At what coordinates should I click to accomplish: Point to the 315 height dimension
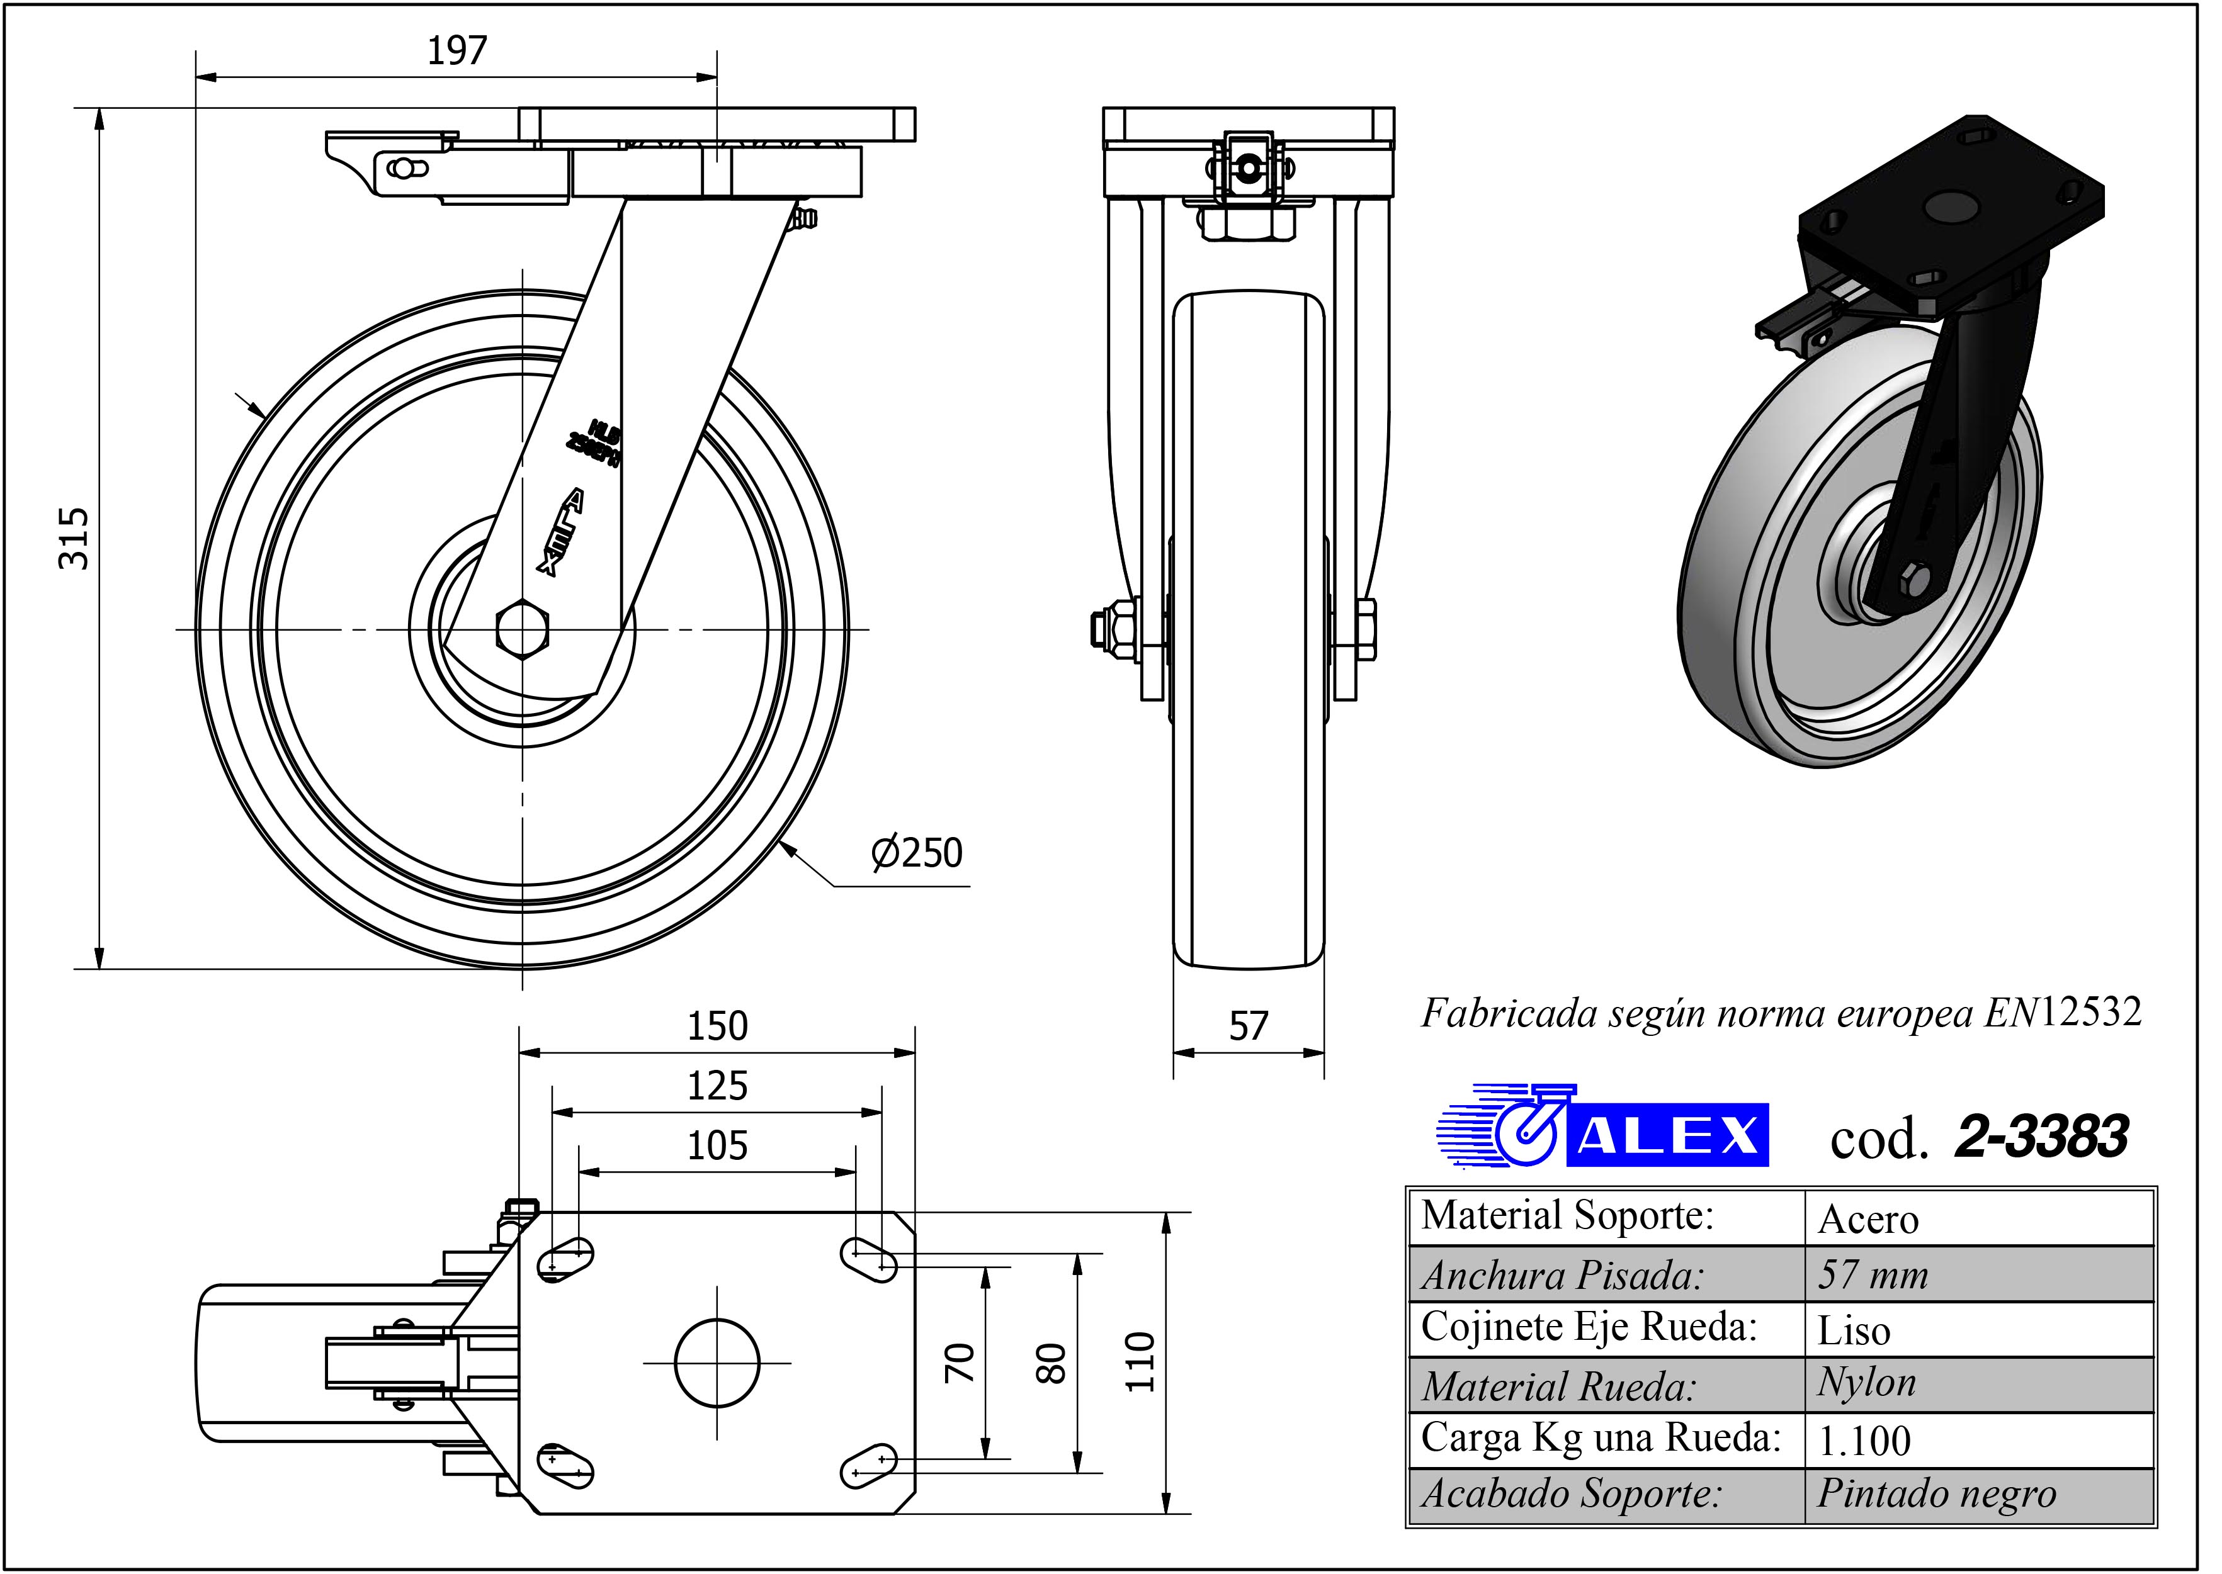(75, 538)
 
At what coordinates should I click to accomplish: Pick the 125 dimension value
(717, 1086)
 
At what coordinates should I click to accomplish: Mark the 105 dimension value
(717, 1147)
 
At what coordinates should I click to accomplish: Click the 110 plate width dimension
(1141, 1362)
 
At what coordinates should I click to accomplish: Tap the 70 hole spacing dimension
(959, 1362)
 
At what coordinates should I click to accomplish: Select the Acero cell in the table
(1868, 1219)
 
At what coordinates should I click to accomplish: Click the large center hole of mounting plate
(717, 1363)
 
